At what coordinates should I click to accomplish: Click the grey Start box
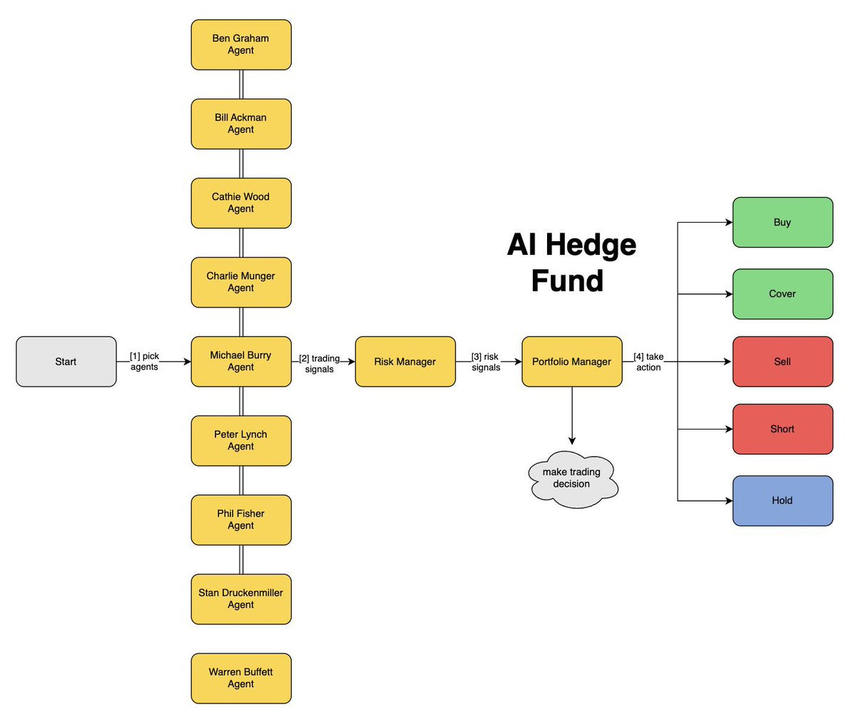point(66,362)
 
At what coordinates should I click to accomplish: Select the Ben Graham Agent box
point(241,44)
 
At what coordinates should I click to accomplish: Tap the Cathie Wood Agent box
point(241,203)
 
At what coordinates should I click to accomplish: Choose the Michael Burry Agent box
point(241,361)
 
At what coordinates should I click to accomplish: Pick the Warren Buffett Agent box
point(241,678)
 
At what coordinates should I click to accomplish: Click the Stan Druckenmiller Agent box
point(241,599)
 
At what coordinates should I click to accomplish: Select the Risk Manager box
point(405,362)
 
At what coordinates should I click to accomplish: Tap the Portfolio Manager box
point(571,362)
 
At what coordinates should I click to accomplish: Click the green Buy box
point(783,223)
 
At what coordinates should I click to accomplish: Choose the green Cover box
point(783,294)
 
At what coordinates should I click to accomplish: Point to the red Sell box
point(783,362)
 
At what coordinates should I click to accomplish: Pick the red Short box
point(783,429)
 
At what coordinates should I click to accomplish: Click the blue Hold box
point(783,500)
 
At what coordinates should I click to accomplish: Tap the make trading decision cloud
point(572,478)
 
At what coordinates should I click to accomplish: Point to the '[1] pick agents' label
point(145,361)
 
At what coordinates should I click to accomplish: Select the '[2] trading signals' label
point(319,364)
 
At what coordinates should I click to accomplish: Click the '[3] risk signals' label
point(486,362)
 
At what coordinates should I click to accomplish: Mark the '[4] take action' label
point(648,362)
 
